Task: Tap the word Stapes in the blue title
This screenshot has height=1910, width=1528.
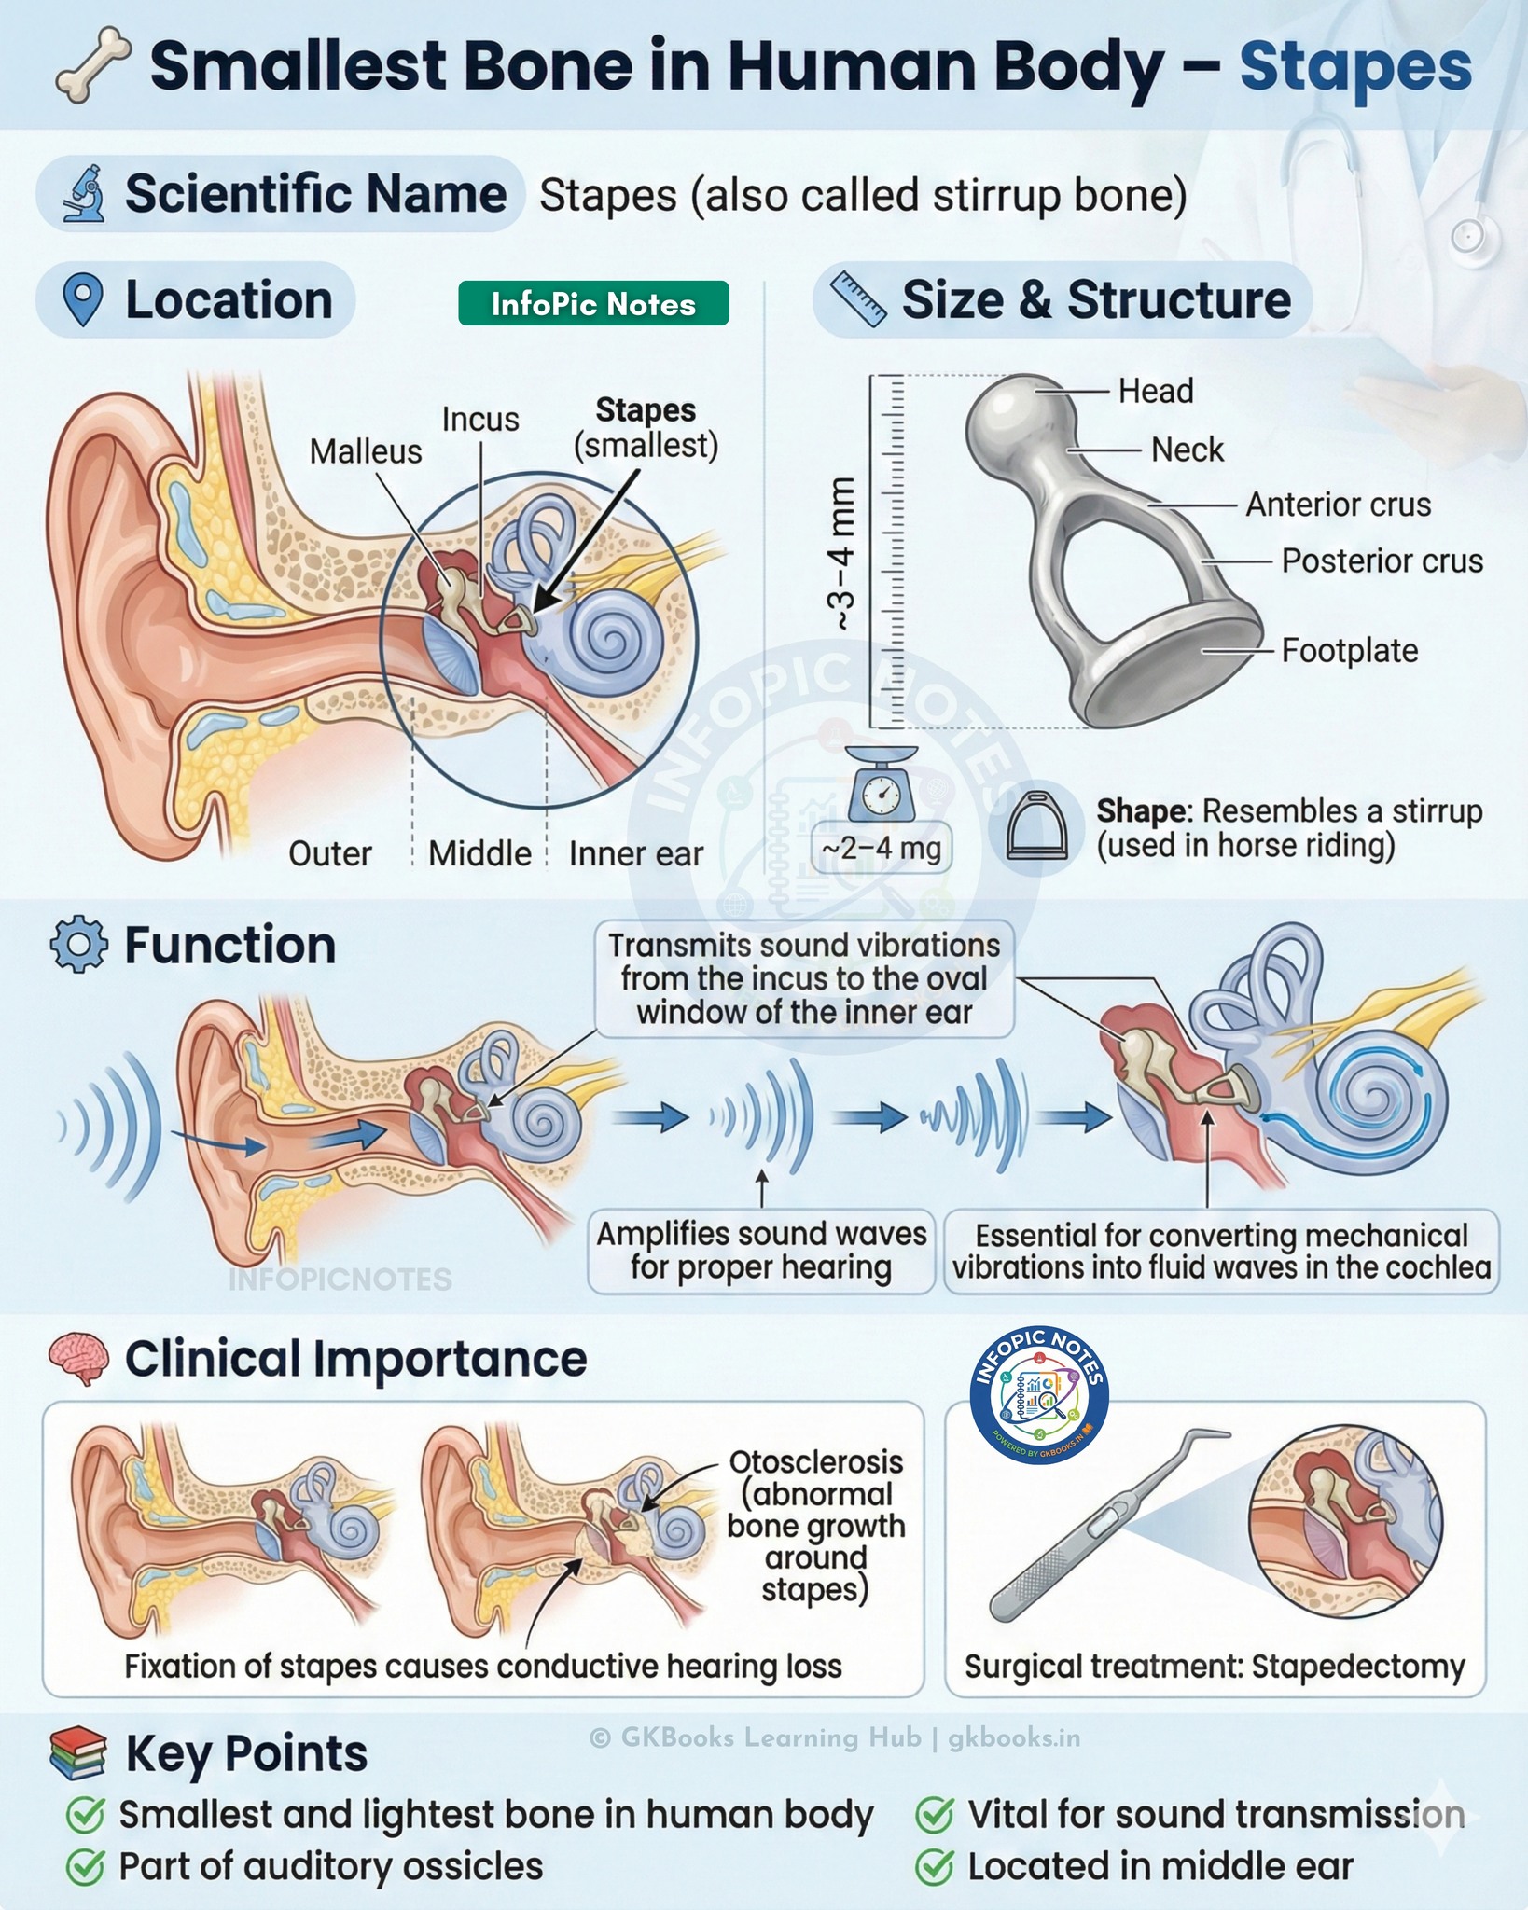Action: coord(1354,67)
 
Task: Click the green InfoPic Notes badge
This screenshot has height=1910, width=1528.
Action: coord(593,303)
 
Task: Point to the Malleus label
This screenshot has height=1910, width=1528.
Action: coord(366,451)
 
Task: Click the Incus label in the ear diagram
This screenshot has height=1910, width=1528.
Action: coord(480,420)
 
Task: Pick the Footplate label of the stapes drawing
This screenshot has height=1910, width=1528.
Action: coord(1349,650)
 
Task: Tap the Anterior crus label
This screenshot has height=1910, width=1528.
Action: coord(1338,505)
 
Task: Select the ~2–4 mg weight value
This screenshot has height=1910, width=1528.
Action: coord(881,849)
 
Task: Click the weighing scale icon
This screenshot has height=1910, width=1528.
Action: coord(881,783)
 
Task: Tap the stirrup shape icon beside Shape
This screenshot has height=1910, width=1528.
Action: coord(1038,826)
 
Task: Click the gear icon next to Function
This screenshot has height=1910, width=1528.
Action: coord(78,945)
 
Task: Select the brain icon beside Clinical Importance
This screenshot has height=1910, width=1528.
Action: coord(78,1359)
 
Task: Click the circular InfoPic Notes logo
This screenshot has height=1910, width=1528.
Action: coord(1038,1396)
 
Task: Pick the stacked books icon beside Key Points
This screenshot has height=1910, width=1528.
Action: coord(78,1753)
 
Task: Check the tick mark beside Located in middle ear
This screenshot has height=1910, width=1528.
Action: coord(935,1867)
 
